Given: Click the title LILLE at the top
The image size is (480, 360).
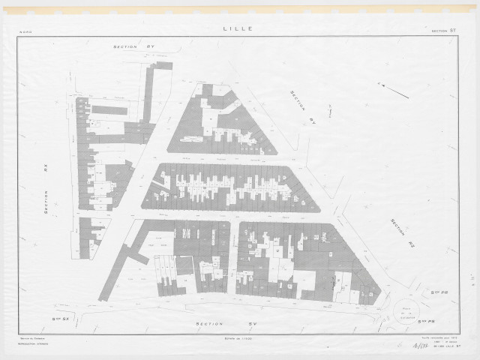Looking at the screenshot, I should coord(238,28).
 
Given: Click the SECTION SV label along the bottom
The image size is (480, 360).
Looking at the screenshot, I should coord(216,324).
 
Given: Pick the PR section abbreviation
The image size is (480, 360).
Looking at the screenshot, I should coord(440,292).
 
